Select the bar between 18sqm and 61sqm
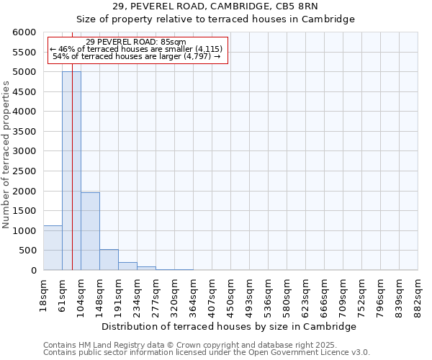[x=53, y=248]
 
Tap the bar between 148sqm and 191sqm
[x=109, y=260]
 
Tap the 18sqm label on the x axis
[x=44, y=294]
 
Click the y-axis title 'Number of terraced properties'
[x=6, y=155]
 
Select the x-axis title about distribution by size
[x=230, y=326]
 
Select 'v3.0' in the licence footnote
[x=361, y=352]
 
